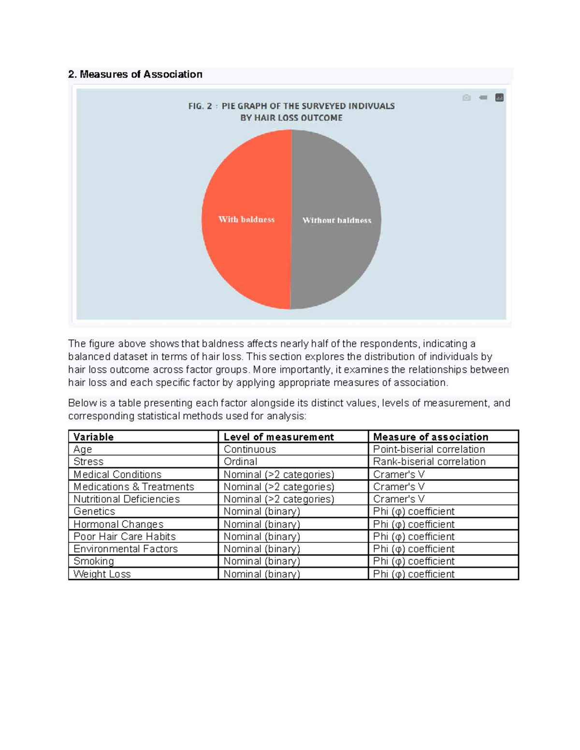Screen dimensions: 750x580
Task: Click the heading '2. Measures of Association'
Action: click(135, 74)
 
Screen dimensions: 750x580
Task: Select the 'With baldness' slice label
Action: click(246, 219)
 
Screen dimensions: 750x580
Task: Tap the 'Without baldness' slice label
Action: click(336, 220)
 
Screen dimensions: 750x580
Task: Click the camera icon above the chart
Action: click(466, 98)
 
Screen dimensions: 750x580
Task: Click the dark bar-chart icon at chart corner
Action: click(499, 98)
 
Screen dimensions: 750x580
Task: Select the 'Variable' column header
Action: click(94, 437)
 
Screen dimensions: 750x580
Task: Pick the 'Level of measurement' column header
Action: click(278, 437)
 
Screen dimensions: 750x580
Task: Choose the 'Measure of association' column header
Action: click(431, 437)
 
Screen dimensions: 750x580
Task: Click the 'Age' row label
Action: click(83, 449)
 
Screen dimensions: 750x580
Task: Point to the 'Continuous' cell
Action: click(250, 449)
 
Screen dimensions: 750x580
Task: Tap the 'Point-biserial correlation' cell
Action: click(429, 449)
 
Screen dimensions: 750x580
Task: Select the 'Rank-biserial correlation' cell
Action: click(429, 462)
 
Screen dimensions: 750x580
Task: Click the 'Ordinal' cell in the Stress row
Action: click(240, 462)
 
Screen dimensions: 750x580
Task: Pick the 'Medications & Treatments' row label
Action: click(134, 487)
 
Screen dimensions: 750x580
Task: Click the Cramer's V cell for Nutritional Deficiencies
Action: click(399, 499)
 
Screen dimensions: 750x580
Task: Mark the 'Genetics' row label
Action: click(94, 511)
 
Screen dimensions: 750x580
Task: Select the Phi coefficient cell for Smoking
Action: click(414, 561)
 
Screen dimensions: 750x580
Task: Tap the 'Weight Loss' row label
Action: click(102, 574)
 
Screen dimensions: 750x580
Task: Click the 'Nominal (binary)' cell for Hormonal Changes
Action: click(262, 524)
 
